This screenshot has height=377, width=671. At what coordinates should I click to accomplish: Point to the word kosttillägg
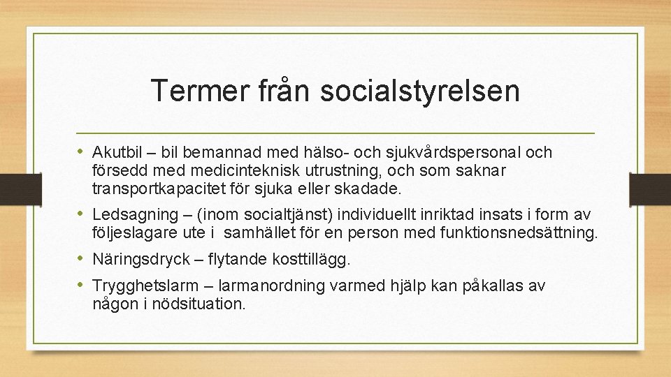pyautogui.click(x=314, y=260)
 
